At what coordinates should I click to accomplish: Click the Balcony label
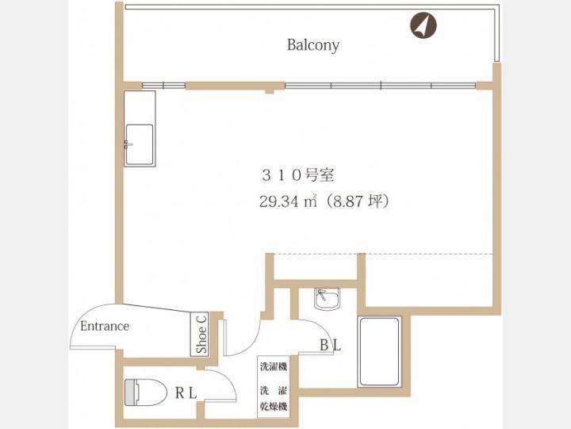pos(313,45)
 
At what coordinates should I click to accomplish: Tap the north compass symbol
pos(423,25)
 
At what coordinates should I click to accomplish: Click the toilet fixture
pos(145,393)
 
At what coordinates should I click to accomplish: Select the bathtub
pos(379,352)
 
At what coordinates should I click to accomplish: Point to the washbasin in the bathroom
pos(327,299)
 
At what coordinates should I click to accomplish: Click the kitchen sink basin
pos(140,144)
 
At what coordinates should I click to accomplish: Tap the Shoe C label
pos(201,335)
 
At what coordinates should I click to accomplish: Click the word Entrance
pos(105,326)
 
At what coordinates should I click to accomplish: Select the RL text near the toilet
pos(186,393)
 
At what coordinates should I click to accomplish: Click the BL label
pos(330,345)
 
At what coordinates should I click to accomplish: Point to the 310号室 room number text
pos(298,175)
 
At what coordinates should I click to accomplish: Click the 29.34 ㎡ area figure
pos(288,201)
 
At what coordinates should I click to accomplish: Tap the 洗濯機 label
pos(274,366)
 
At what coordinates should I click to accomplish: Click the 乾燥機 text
pos(274,406)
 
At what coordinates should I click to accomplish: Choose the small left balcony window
pos(163,86)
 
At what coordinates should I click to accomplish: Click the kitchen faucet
pos(128,144)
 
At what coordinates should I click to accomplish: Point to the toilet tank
pos(130,393)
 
